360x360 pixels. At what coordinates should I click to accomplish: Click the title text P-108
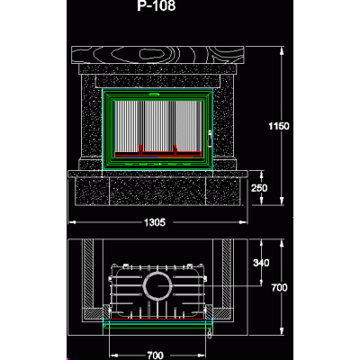coord(156,5)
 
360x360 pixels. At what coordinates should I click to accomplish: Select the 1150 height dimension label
coord(279,126)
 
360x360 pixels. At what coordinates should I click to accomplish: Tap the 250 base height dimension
coord(259,188)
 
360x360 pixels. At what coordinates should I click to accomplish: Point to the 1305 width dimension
coord(155,222)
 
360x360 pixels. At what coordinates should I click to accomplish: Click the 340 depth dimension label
coord(261,263)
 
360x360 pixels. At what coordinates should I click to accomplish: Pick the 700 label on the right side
coord(279,288)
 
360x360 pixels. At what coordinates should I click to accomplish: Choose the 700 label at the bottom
coord(156,355)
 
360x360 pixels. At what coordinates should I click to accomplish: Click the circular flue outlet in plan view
coord(158,285)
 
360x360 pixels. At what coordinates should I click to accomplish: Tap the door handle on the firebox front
coord(210,138)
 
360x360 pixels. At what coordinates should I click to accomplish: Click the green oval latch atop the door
coord(155,94)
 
